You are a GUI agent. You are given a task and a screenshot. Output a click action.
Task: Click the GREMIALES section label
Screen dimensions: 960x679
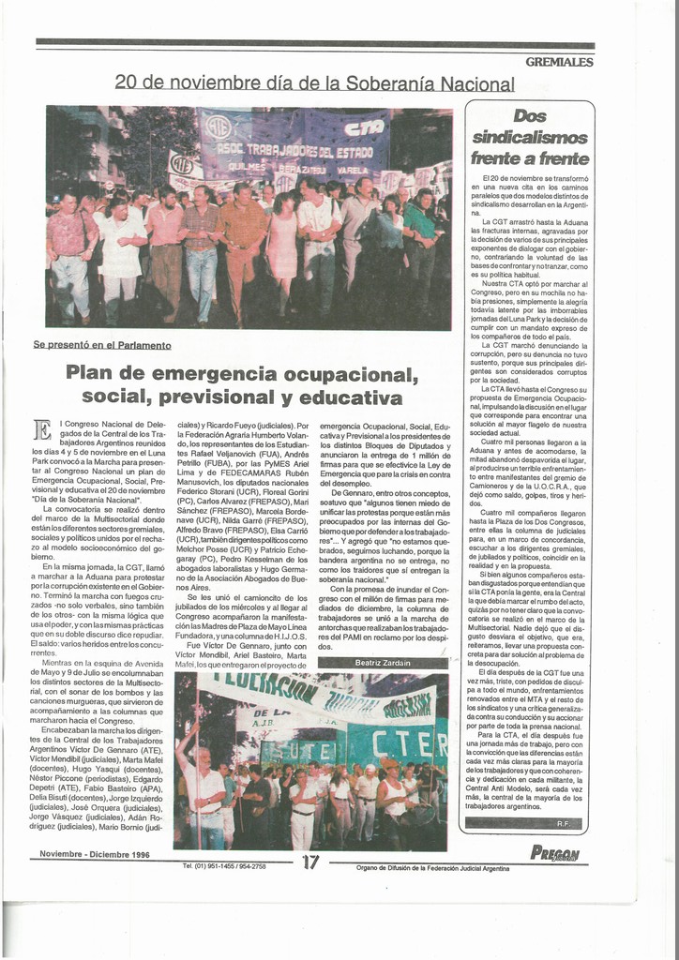pos(559,62)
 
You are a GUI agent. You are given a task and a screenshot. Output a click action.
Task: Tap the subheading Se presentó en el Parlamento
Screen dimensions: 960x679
pos(102,345)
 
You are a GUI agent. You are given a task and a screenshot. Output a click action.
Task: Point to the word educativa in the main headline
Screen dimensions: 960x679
pos(346,397)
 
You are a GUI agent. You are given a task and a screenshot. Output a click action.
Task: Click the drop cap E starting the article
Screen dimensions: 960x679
pos(42,429)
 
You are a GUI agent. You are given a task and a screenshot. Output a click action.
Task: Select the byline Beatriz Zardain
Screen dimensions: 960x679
pos(383,663)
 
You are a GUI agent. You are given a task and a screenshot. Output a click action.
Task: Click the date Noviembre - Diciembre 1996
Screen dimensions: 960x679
pos(94,853)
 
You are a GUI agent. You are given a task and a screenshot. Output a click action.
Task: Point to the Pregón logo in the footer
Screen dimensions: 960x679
pos(554,852)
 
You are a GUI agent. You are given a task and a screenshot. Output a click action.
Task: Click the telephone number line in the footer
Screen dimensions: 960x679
pos(224,866)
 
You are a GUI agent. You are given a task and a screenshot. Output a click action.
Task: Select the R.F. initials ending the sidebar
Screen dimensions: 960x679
pos(563,823)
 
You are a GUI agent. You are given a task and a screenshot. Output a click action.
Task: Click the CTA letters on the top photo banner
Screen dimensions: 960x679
pos(364,128)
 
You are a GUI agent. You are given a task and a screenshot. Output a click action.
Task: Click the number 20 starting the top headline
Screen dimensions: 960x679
pos(127,82)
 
